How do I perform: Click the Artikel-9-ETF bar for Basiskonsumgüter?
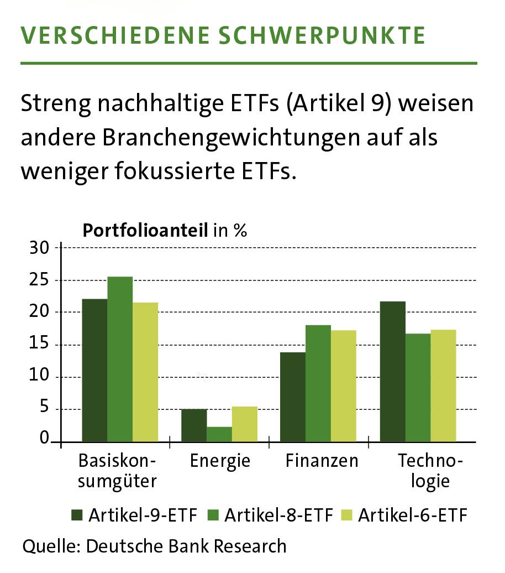point(94,371)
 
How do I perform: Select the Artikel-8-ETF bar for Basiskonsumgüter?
point(120,360)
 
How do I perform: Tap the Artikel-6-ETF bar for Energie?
point(244,425)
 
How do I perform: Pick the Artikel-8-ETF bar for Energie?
point(219,435)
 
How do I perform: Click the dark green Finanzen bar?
point(293,397)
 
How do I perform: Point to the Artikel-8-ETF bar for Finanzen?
point(318,384)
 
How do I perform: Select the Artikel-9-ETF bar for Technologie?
point(392,372)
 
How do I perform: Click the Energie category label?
point(220,461)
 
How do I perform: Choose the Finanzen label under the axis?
point(322,461)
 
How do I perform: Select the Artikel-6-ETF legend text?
point(412,516)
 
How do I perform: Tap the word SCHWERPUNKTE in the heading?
point(319,36)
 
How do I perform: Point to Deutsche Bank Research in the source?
point(186,546)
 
